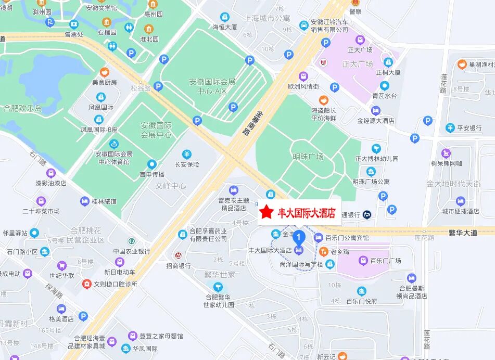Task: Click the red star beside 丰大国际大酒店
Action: [266, 212]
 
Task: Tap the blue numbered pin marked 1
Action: [299, 239]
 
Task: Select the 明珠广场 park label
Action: [308, 157]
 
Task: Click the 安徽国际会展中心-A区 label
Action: [212, 86]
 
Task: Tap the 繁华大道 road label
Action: [463, 233]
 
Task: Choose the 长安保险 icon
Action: [187, 154]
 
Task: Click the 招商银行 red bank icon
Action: [178, 255]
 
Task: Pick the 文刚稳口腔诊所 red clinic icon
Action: [86, 284]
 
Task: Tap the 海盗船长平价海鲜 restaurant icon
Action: [323, 100]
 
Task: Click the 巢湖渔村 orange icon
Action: [461, 65]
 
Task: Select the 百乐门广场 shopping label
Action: [385, 261]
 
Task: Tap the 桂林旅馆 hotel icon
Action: [84, 201]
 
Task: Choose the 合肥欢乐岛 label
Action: [22, 108]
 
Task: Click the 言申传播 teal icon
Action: [151, 164]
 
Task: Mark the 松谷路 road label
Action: [141, 88]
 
